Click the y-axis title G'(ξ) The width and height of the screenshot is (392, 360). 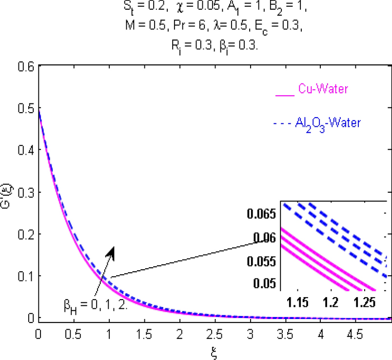pyautogui.click(x=6, y=192)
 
